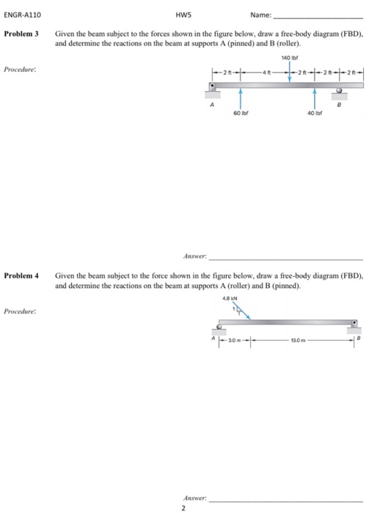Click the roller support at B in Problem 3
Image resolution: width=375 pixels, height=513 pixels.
click(340, 93)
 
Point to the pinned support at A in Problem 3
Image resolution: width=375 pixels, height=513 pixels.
click(214, 90)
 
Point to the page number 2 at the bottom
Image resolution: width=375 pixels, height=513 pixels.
click(183, 506)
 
